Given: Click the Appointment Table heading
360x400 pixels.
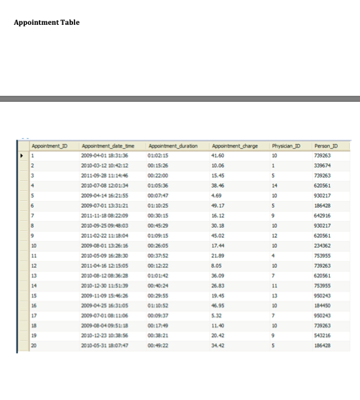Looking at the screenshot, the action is pos(46,23).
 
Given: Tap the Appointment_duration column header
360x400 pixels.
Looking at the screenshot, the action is pos(172,145).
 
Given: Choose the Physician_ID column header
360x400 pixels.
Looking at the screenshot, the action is pos(286,145).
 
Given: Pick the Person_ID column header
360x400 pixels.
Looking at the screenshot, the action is pos(336,145).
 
